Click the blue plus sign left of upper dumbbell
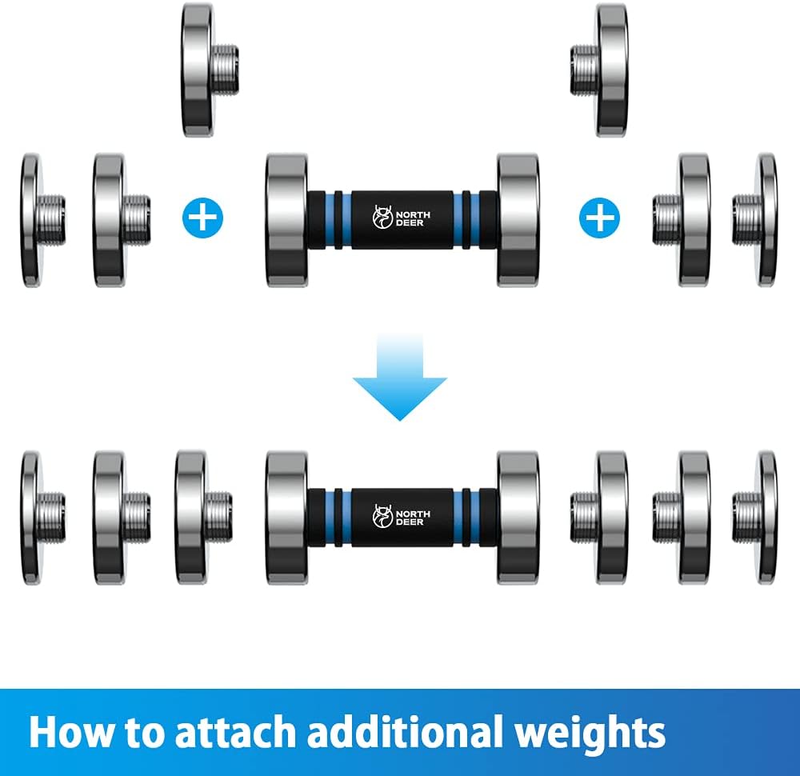point(202,218)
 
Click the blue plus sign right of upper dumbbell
point(599,218)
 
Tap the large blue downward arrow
point(400,377)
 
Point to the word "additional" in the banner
point(405,732)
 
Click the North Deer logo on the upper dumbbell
point(401,218)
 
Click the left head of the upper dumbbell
point(286,219)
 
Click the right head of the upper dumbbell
point(518,219)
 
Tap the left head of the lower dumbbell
point(286,518)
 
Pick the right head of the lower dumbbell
point(518,518)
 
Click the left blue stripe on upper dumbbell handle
point(338,220)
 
